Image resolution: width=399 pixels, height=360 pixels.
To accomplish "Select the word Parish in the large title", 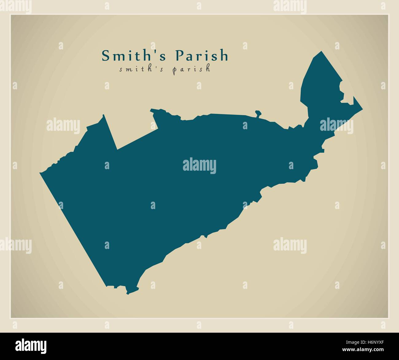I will pos(202,56).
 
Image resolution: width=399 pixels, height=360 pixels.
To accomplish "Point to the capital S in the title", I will pos(106,56).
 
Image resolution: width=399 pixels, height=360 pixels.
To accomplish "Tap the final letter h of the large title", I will pos(224,56).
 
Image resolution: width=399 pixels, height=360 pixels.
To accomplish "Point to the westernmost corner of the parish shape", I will pos(40,173).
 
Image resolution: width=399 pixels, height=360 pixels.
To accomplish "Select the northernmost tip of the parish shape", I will pos(322,51).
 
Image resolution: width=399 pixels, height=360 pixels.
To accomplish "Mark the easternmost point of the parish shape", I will pos(362,109).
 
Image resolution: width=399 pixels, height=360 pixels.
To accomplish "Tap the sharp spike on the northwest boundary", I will pos(103,115).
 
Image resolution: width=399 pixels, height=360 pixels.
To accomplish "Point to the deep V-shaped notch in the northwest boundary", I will pos(117,149).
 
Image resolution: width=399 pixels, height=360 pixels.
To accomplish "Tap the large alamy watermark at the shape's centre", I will pos(199,166).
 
